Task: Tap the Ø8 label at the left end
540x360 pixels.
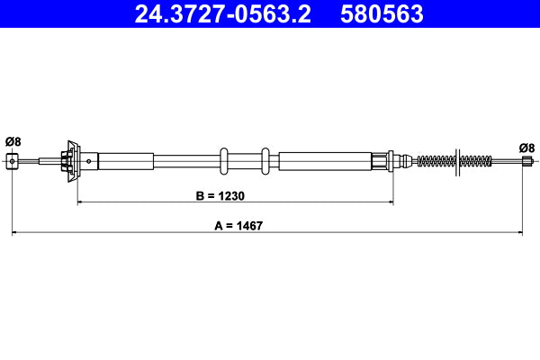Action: pos(13,140)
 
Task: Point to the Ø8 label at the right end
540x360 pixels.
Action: pos(526,148)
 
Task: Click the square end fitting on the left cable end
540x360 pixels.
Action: pos(13,161)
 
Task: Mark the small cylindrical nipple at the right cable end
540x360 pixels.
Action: pos(526,161)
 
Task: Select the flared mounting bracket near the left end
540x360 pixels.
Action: pos(70,161)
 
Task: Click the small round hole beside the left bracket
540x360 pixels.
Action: pos(88,161)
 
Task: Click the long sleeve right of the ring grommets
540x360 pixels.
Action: pos(324,161)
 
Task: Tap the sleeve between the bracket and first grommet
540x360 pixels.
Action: pos(126,161)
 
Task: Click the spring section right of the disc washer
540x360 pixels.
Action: pos(476,161)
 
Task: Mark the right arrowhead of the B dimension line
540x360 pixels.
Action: pos(390,203)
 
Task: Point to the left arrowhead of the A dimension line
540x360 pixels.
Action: pos(15,234)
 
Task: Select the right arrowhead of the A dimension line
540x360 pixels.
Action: pos(522,234)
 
